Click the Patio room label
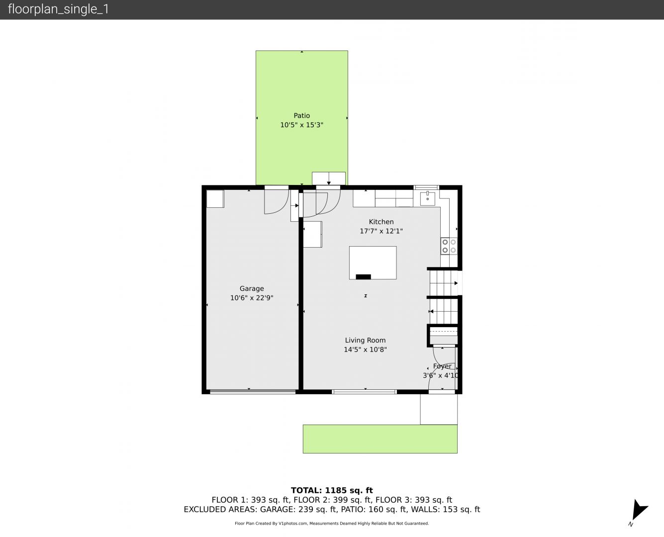click(301, 116)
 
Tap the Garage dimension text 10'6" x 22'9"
click(252, 298)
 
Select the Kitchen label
click(381, 222)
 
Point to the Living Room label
click(365, 340)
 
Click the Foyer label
click(442, 366)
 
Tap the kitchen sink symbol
click(428, 198)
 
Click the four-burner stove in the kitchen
click(449, 246)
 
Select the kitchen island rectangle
click(373, 263)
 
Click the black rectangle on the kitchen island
click(363, 277)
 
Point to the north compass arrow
click(639, 511)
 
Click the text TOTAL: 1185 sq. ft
click(332, 491)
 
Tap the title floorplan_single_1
click(58, 9)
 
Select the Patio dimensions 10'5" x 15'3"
click(301, 125)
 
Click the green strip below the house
click(380, 439)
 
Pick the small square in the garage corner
click(215, 199)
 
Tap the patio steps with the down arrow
click(329, 179)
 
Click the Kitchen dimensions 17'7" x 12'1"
click(381, 231)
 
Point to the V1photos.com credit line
click(332, 523)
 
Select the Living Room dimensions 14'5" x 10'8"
click(365, 350)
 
